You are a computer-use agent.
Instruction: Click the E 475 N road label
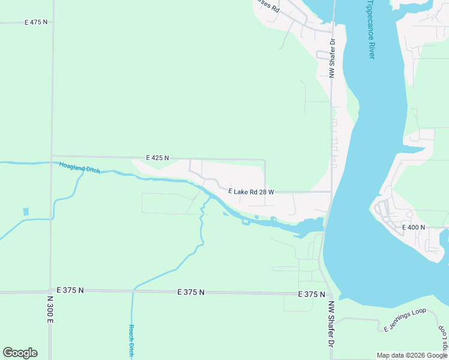(x=35, y=22)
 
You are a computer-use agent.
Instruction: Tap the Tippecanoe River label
(x=370, y=29)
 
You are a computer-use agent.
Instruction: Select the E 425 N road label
(x=158, y=158)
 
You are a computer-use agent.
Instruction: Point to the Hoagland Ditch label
(x=79, y=167)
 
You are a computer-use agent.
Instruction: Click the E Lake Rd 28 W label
(x=251, y=191)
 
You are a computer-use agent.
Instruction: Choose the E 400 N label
(x=413, y=227)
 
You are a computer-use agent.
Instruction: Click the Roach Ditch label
(x=131, y=341)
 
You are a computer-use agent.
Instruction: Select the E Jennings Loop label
(x=405, y=320)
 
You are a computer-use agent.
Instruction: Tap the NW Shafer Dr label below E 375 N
(x=330, y=325)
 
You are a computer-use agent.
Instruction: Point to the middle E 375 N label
(x=191, y=292)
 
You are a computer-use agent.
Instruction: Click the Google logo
(x=20, y=352)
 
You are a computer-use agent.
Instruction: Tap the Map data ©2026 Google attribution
(x=412, y=355)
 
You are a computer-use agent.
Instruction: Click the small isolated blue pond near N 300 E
(x=26, y=212)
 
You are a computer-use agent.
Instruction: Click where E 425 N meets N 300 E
(x=52, y=156)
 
